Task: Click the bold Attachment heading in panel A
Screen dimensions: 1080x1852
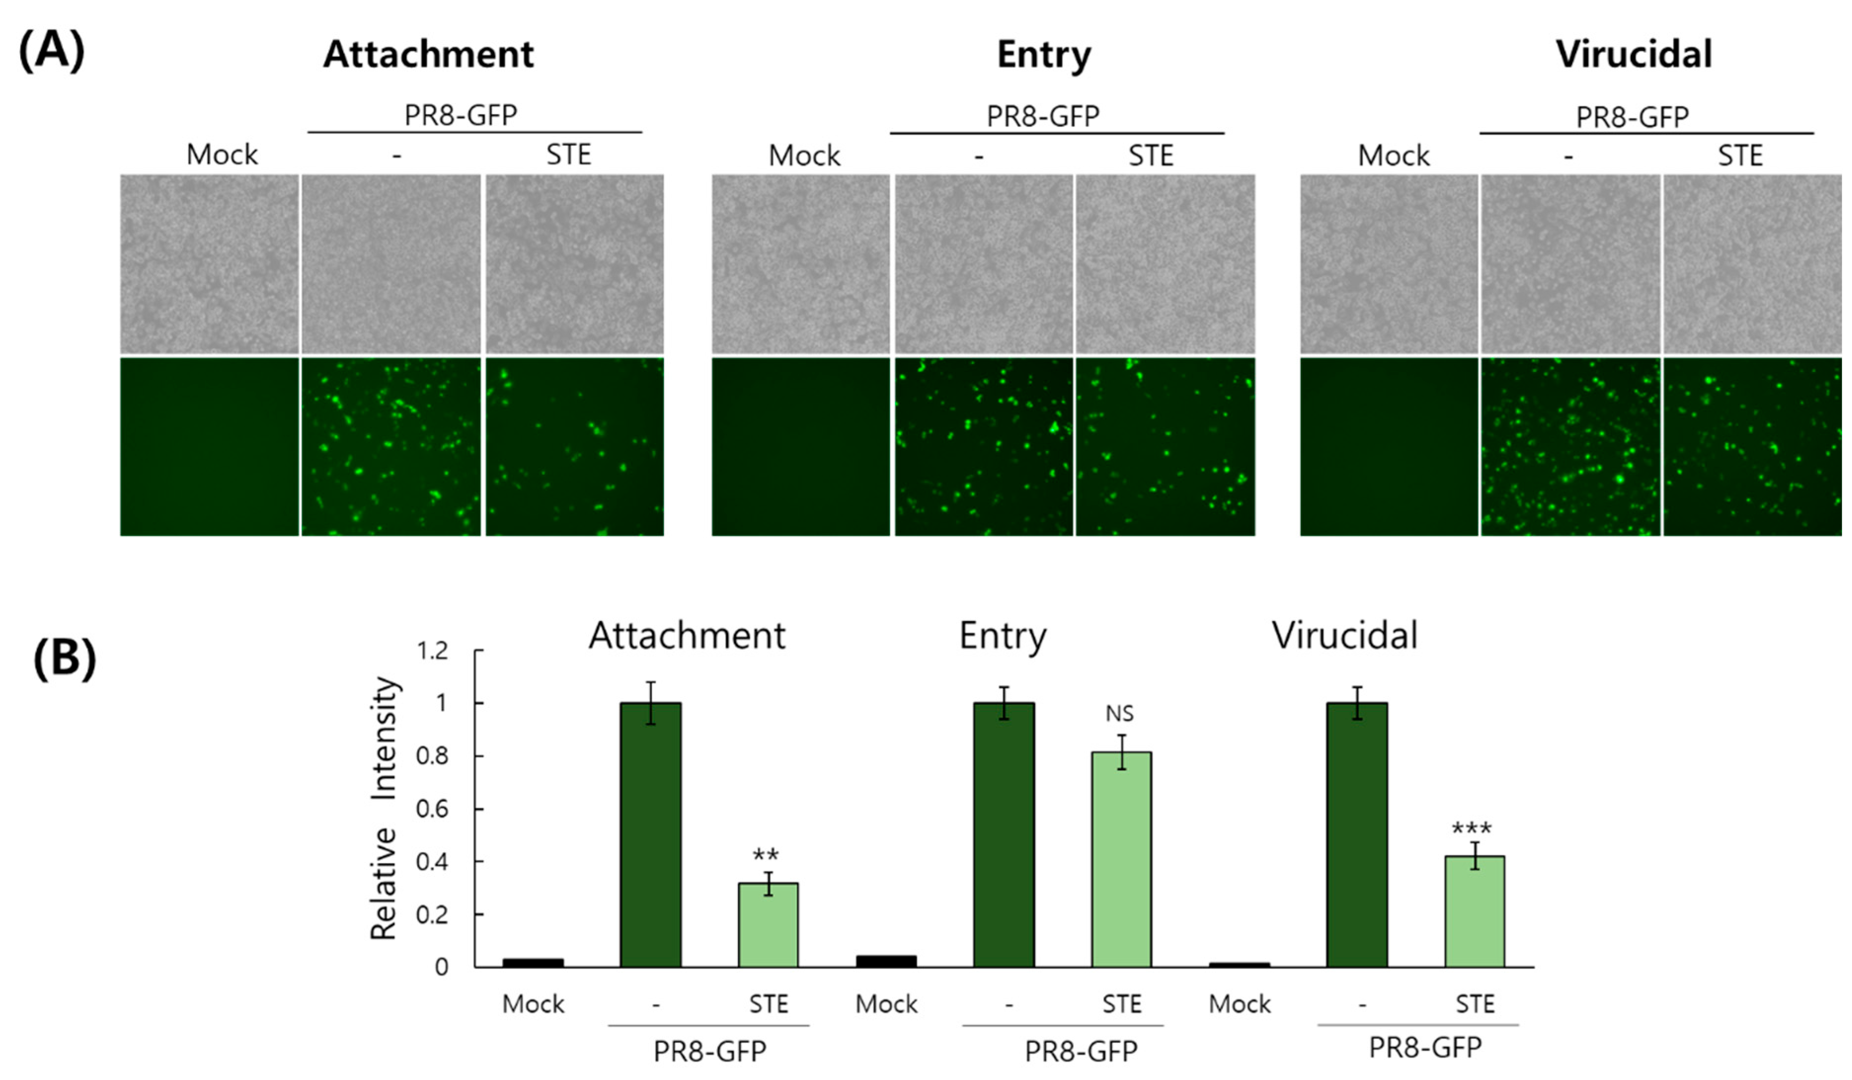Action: pyautogui.click(x=428, y=54)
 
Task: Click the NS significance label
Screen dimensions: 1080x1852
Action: pyautogui.click(x=1119, y=713)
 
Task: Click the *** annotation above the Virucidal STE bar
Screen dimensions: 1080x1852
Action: pyautogui.click(x=1471, y=829)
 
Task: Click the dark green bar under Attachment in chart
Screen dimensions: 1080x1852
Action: pyautogui.click(x=651, y=834)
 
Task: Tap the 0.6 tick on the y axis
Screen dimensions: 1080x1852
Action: pyautogui.click(x=432, y=809)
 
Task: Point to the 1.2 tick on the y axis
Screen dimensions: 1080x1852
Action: pyautogui.click(x=432, y=651)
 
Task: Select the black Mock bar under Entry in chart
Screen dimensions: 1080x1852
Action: pyautogui.click(x=887, y=961)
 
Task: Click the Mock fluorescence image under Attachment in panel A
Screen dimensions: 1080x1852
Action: pyautogui.click(x=209, y=447)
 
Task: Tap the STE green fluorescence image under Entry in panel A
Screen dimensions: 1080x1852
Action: pyautogui.click(x=1165, y=447)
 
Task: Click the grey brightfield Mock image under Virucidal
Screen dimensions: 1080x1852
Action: pyautogui.click(x=1389, y=264)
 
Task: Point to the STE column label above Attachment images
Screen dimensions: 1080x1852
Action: pyautogui.click(x=568, y=155)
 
